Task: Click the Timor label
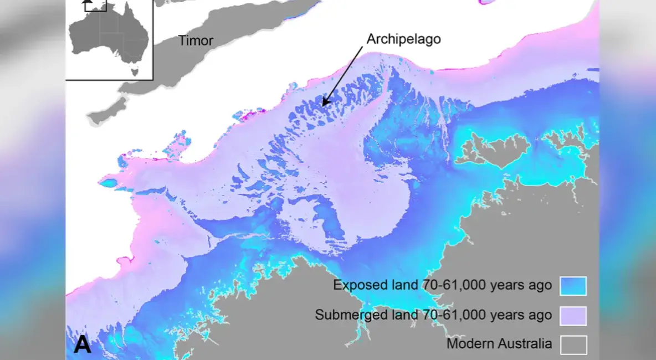(x=195, y=40)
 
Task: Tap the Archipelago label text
(x=403, y=39)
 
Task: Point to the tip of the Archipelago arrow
(x=323, y=105)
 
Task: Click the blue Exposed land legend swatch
(x=573, y=286)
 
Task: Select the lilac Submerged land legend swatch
(x=573, y=316)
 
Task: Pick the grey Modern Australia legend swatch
(x=573, y=344)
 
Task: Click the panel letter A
(x=83, y=345)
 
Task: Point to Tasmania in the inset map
(x=133, y=70)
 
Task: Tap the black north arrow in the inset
(x=86, y=4)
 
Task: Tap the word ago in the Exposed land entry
(x=540, y=286)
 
